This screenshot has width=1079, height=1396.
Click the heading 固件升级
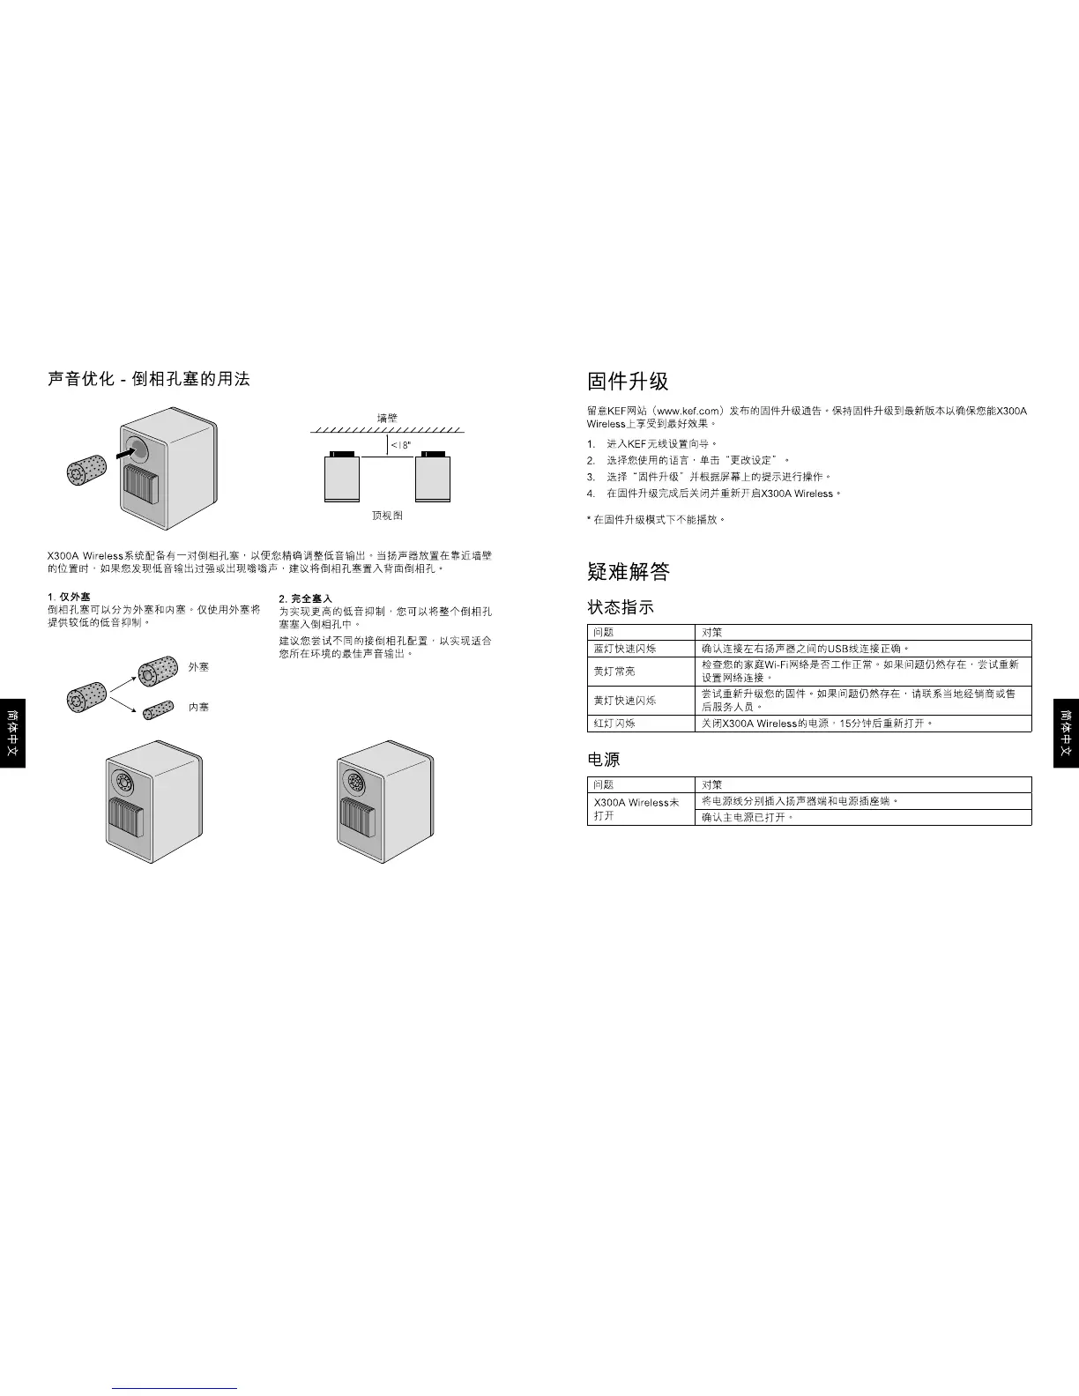(x=628, y=382)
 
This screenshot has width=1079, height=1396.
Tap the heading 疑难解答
(x=628, y=572)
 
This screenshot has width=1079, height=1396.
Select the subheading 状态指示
(x=621, y=607)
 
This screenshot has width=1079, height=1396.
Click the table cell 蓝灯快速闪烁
(x=624, y=649)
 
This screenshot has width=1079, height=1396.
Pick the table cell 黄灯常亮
(x=614, y=672)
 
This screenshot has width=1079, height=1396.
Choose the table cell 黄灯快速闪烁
(x=624, y=701)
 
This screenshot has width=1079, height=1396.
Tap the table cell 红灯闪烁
(x=614, y=724)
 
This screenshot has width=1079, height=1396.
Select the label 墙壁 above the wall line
(x=387, y=419)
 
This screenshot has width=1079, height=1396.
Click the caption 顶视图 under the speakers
(x=387, y=516)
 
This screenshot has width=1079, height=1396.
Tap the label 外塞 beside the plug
(x=199, y=667)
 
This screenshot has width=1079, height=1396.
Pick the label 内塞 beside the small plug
(x=199, y=707)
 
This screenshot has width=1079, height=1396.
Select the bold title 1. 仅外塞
(x=69, y=598)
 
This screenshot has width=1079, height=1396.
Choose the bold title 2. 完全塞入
(x=305, y=598)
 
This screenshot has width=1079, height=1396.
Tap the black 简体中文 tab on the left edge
(x=12, y=733)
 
